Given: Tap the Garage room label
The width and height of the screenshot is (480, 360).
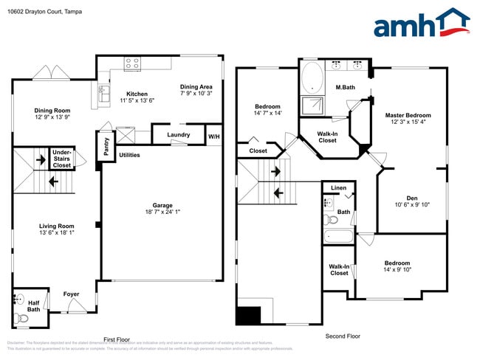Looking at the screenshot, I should [162, 205].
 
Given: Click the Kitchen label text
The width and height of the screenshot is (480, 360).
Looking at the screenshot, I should [137, 94].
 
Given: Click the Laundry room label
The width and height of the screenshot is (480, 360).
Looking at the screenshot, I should [179, 135].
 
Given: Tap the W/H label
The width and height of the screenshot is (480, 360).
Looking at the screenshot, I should [213, 136].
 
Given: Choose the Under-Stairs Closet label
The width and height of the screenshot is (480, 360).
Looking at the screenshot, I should [62, 160].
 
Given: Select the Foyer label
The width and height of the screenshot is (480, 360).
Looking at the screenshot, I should [71, 294].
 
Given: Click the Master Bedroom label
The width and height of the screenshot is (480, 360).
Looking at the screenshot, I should [408, 115].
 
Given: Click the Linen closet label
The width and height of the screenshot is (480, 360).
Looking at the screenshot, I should [338, 188].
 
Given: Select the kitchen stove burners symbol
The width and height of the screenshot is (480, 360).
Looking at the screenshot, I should [132, 64].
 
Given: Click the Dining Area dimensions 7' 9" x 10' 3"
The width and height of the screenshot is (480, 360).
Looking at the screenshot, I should [196, 94].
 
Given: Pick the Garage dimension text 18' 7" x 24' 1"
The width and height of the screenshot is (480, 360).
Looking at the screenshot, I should [162, 214].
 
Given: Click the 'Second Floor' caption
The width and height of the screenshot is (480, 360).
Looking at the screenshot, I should [343, 336].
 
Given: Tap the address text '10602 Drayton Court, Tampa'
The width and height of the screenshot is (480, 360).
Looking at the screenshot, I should [44, 12].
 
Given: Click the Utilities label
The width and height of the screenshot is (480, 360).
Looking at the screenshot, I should [129, 155].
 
